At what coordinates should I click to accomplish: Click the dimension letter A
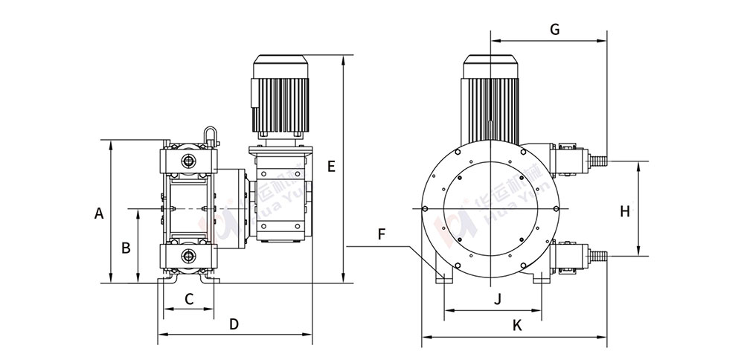click(99, 213)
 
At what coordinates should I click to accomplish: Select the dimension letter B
click(126, 246)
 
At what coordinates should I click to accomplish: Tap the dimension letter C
click(189, 299)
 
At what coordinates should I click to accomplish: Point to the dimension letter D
click(234, 325)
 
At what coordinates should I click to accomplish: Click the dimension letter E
click(331, 166)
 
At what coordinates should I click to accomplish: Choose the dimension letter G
click(554, 30)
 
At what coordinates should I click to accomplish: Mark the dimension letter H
click(625, 211)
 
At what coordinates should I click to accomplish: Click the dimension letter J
click(498, 299)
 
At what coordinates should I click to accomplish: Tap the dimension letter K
click(517, 325)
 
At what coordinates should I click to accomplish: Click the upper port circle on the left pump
click(188, 160)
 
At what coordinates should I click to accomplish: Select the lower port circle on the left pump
click(188, 257)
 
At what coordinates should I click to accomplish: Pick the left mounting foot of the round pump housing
click(446, 277)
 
